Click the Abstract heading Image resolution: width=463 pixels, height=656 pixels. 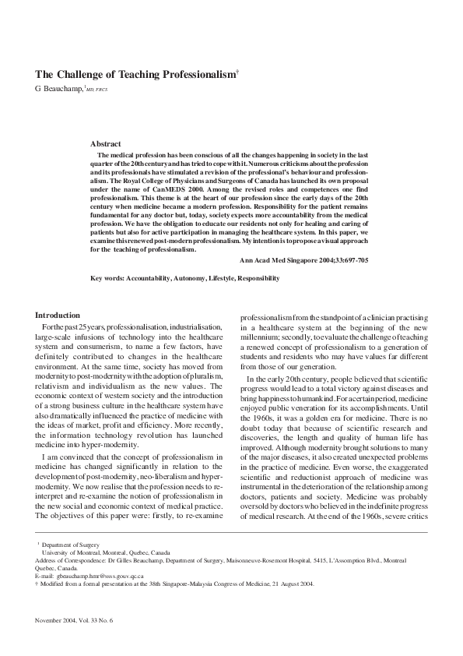coord(106,144)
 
